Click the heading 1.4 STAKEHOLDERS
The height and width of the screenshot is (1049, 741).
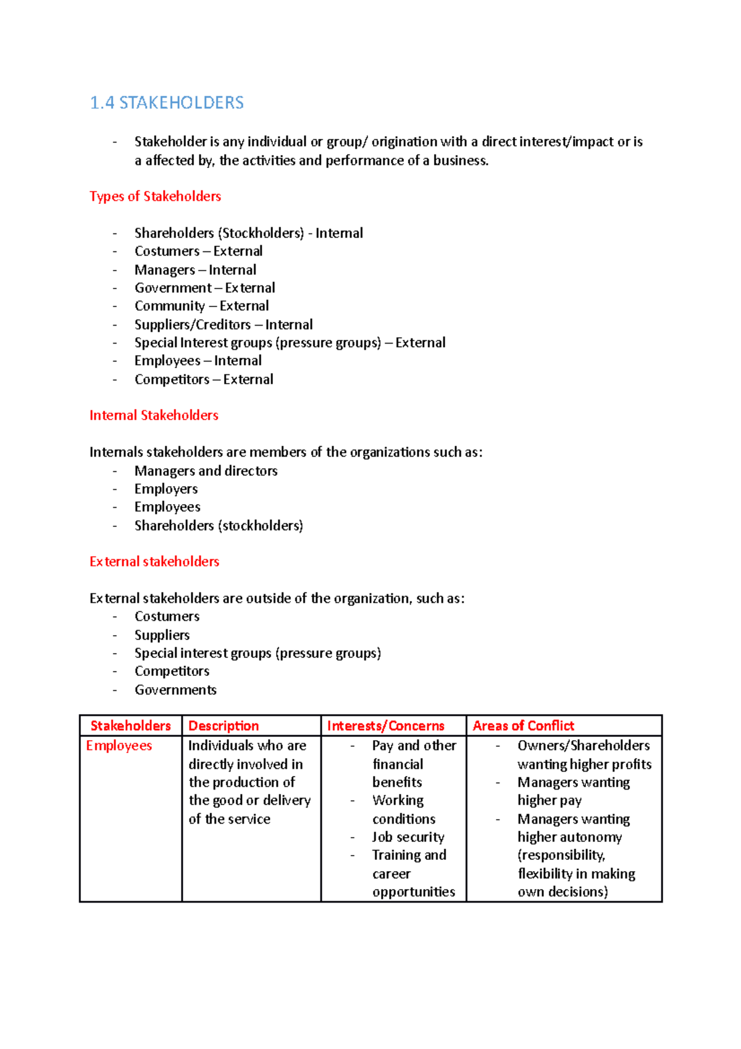(167, 103)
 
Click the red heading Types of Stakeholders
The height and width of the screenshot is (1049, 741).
(155, 196)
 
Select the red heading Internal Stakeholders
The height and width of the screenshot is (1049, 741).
(154, 415)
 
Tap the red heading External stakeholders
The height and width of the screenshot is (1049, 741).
(154, 562)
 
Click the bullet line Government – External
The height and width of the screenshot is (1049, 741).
(204, 288)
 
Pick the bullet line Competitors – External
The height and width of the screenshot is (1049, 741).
(204, 379)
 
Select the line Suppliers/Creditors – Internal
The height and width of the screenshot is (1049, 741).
(224, 324)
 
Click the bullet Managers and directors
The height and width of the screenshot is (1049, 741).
(206, 471)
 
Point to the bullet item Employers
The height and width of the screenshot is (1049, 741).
(166, 489)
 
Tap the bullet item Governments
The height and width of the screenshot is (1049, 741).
(175, 689)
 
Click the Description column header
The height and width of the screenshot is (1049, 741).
(224, 726)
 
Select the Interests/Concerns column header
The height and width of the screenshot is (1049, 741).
(385, 726)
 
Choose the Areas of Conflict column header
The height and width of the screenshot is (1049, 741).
(523, 726)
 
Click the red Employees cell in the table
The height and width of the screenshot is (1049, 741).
(119, 746)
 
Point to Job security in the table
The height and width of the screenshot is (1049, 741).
(408, 837)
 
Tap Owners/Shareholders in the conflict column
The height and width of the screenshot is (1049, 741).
(583, 746)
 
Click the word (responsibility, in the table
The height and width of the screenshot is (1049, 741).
(561, 855)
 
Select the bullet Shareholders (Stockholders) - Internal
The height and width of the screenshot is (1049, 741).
(248, 233)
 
